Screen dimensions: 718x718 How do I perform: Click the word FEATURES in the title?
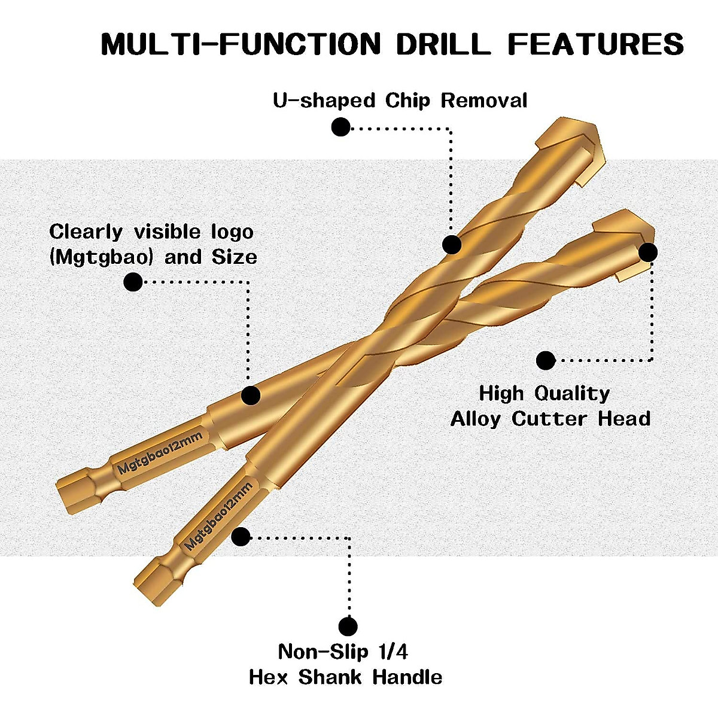coord(595,45)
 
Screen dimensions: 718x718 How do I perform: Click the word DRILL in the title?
coord(443,45)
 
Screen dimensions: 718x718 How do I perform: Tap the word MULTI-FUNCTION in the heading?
coord(241,45)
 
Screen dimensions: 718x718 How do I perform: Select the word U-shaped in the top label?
coord(324,101)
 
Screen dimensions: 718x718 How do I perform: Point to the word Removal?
coord(484,101)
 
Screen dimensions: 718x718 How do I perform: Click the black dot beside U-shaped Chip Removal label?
coord(340,127)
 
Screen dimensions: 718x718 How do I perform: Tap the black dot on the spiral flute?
coord(452,244)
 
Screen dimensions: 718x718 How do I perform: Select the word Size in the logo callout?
coord(235,258)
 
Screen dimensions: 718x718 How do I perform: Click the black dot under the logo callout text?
coord(133,282)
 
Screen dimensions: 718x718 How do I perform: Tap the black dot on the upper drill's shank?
coord(251,395)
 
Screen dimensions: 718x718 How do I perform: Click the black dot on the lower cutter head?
coord(647,252)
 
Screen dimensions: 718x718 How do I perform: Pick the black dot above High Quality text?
coord(546,360)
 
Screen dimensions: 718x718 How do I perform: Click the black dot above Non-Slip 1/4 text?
coord(348,626)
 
